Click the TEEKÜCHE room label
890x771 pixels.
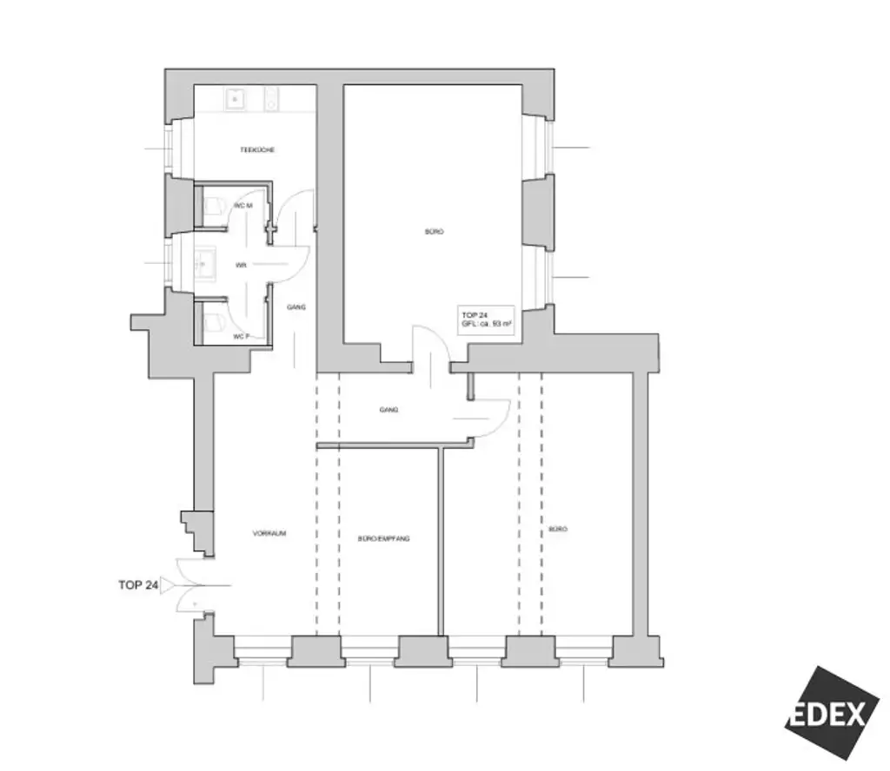point(257,150)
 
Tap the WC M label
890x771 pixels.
point(242,206)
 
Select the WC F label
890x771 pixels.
point(241,337)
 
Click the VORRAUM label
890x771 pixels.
point(269,534)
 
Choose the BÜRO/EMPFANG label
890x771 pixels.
point(383,538)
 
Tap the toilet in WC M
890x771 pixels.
point(214,206)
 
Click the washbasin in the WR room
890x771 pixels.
point(205,261)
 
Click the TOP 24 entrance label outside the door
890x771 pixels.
point(137,585)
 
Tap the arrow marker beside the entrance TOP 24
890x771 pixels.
point(167,585)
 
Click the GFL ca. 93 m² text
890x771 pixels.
point(486,324)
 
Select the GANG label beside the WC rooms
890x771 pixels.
point(296,306)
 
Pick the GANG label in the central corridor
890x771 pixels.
point(389,410)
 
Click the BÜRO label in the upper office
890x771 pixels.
point(434,232)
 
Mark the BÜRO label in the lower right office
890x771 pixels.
point(558,529)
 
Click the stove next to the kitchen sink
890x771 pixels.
point(271,99)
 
